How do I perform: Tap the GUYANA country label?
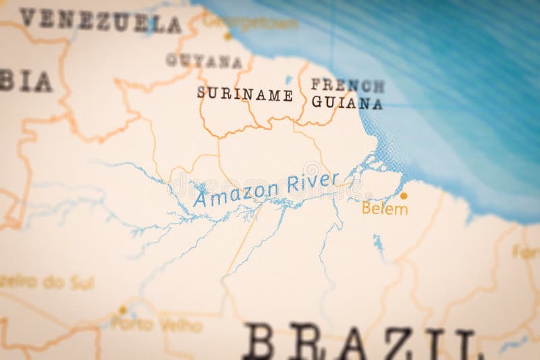click(x=204, y=61)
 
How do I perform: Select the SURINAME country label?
click(x=244, y=94)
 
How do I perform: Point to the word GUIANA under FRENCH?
click(x=347, y=103)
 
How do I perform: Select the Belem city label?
click(x=385, y=209)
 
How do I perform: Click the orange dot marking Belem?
click(x=404, y=196)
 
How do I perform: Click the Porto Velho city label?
click(x=157, y=325)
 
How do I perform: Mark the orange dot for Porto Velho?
click(x=122, y=310)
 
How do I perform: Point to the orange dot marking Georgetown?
click(x=227, y=36)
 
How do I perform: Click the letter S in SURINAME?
click(x=201, y=93)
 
